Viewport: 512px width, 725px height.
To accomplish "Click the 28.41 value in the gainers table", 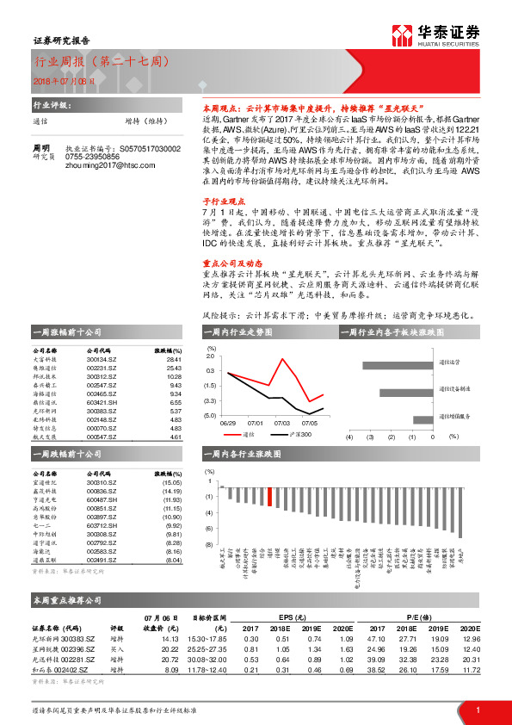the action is [x=174, y=359].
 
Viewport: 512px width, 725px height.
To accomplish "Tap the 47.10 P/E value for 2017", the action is [x=374, y=639].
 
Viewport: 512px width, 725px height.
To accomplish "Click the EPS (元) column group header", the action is [x=299, y=618].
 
